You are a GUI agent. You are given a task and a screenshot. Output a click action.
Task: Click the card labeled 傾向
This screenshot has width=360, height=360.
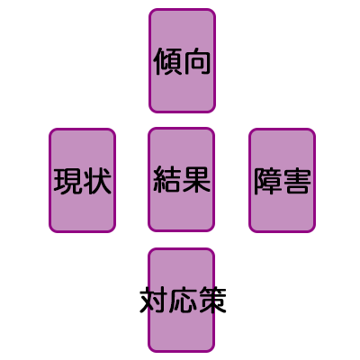[x=182, y=61]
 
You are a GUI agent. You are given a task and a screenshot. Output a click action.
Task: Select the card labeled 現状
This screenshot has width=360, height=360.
[x=82, y=180]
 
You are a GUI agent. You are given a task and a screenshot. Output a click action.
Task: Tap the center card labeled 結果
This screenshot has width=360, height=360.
[x=181, y=180]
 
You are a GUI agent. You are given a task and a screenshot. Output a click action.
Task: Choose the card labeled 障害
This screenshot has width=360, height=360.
[x=282, y=180]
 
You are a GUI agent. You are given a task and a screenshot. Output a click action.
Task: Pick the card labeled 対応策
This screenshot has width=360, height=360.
[x=181, y=301]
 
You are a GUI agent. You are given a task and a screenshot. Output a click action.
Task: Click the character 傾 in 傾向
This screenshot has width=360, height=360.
[x=167, y=61]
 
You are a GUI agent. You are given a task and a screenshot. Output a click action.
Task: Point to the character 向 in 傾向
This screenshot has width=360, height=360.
[x=196, y=61]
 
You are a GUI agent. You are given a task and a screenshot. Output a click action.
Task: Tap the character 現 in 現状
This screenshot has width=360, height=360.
[x=67, y=181]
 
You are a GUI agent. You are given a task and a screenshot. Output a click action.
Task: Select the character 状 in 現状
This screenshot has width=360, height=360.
[x=97, y=181]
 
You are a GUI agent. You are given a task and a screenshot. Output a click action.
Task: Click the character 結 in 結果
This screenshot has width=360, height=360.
[x=167, y=180]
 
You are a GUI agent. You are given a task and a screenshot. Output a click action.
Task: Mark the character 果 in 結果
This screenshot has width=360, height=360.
[x=196, y=180]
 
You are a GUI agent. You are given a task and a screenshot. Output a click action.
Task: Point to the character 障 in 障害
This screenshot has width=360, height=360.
[x=267, y=181]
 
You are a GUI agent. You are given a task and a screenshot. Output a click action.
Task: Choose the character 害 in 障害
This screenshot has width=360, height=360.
[x=296, y=181]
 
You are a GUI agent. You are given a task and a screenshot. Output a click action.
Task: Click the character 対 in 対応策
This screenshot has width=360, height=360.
[x=154, y=301]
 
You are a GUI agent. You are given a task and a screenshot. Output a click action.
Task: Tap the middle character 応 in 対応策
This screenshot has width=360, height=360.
[x=183, y=301]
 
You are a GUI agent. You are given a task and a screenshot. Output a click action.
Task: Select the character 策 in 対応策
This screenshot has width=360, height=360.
[x=212, y=301]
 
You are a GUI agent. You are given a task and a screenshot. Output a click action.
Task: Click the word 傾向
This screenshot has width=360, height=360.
[x=182, y=61]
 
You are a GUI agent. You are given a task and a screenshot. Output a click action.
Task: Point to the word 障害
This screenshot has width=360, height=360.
[x=282, y=181]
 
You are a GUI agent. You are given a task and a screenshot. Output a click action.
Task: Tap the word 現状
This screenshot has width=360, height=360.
[x=83, y=181]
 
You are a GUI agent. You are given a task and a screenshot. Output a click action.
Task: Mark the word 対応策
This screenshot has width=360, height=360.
[x=183, y=301]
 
